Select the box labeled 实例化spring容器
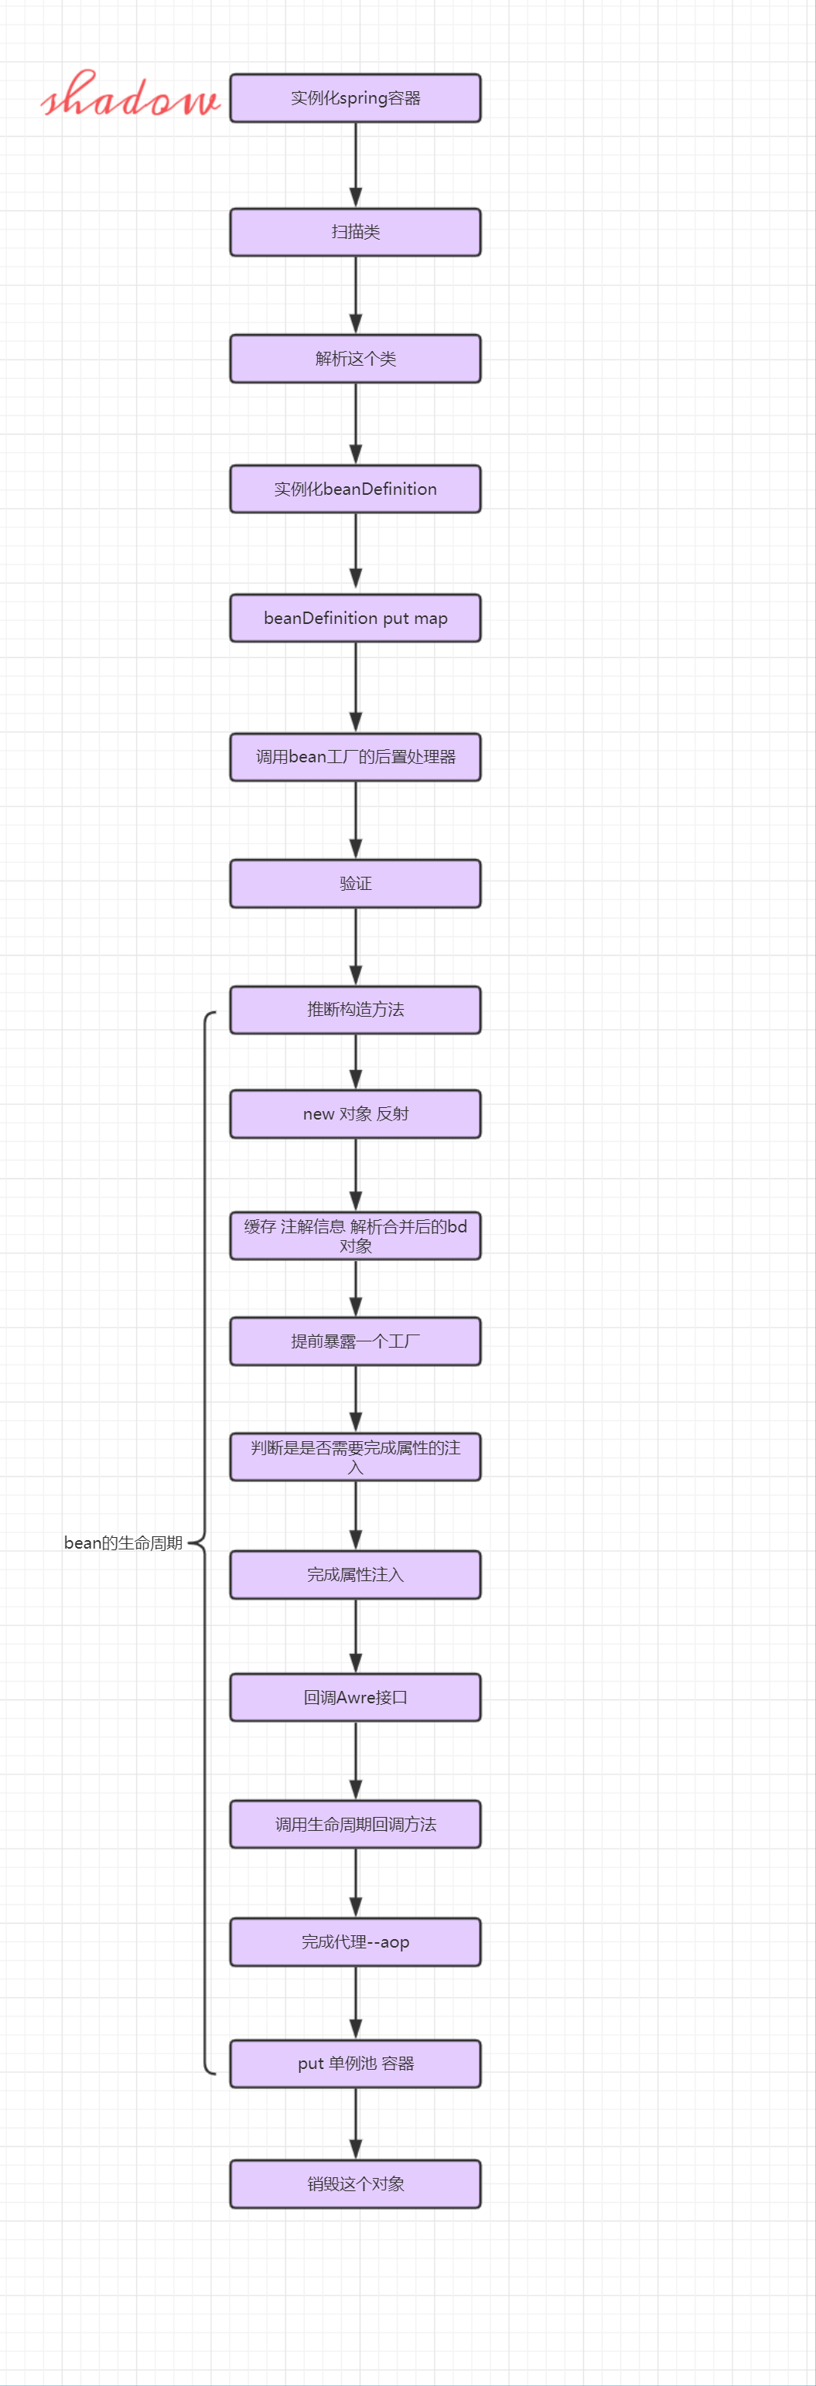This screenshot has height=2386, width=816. coord(355,98)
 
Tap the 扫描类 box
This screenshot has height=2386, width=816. coord(355,231)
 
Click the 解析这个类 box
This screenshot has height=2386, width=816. coord(355,359)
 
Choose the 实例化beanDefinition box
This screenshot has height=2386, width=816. coord(355,489)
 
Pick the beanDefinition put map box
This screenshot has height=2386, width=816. coord(355,618)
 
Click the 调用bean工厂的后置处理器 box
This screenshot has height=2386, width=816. coord(355,757)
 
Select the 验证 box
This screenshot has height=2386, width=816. coord(355,884)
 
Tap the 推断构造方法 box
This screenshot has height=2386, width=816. coord(355,1010)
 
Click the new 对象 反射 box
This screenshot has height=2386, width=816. coord(355,1113)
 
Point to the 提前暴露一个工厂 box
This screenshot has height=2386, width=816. coord(355,1341)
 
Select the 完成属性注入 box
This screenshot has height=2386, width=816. coord(355,1575)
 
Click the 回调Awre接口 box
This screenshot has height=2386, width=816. coord(355,1697)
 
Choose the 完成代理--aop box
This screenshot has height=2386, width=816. coord(355,1941)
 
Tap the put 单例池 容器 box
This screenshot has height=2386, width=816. coord(355,2064)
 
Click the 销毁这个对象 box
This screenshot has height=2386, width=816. coord(355,2183)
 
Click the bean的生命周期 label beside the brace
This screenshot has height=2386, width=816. coord(123,1542)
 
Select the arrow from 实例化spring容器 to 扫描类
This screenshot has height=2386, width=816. coord(355,165)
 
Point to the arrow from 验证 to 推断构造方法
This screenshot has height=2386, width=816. coord(355,946)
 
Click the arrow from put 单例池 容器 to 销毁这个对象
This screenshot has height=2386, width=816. coord(355,2123)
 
